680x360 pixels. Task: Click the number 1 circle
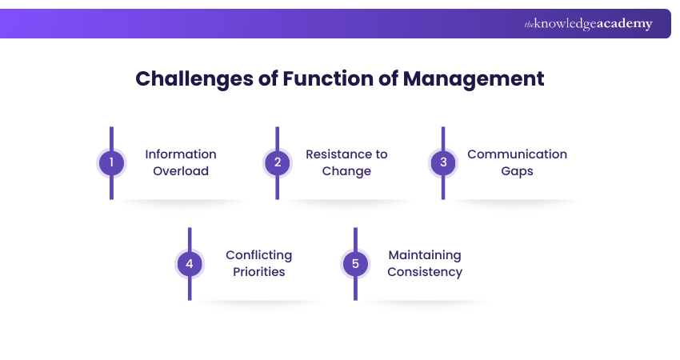click(111, 163)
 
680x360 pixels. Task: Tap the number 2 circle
click(277, 163)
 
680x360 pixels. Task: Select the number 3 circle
click(442, 163)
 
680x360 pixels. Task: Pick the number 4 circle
click(190, 264)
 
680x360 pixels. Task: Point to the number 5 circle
click(354, 264)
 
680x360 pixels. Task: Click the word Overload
click(181, 171)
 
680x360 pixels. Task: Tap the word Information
click(181, 154)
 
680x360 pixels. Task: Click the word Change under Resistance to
click(346, 171)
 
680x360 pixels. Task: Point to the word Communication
click(517, 154)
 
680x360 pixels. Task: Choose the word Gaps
click(517, 171)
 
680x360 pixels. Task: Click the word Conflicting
click(258, 255)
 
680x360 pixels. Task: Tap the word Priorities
click(258, 272)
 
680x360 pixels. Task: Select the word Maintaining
click(425, 255)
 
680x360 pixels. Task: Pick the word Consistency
click(425, 272)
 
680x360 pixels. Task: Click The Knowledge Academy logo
click(588, 24)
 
